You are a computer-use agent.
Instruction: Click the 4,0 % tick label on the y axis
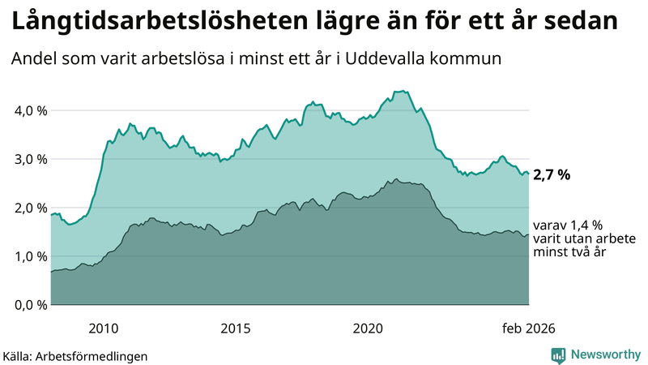pyautogui.click(x=30, y=110)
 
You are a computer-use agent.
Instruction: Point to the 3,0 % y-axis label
pyautogui.click(x=30, y=159)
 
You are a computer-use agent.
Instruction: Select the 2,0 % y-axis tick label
pyautogui.click(x=30, y=208)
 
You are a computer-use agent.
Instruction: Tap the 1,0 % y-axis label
pyautogui.click(x=30, y=256)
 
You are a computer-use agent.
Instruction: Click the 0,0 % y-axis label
pyautogui.click(x=30, y=305)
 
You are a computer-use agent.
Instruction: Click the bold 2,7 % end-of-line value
pyautogui.click(x=552, y=174)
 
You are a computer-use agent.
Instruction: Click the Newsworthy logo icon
pyautogui.click(x=558, y=354)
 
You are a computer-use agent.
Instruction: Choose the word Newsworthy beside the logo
pyautogui.click(x=603, y=354)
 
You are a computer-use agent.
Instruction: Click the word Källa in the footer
pyautogui.click(x=17, y=355)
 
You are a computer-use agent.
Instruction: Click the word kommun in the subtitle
pyautogui.click(x=474, y=59)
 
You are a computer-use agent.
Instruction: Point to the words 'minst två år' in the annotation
pyautogui.click(x=570, y=252)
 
